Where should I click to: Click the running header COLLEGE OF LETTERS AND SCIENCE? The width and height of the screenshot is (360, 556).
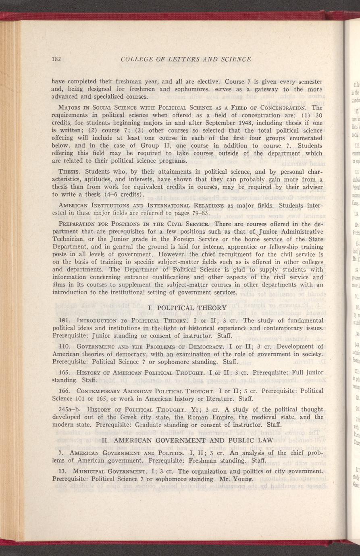tap(186, 59)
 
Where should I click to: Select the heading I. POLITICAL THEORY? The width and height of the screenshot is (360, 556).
tap(187, 308)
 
